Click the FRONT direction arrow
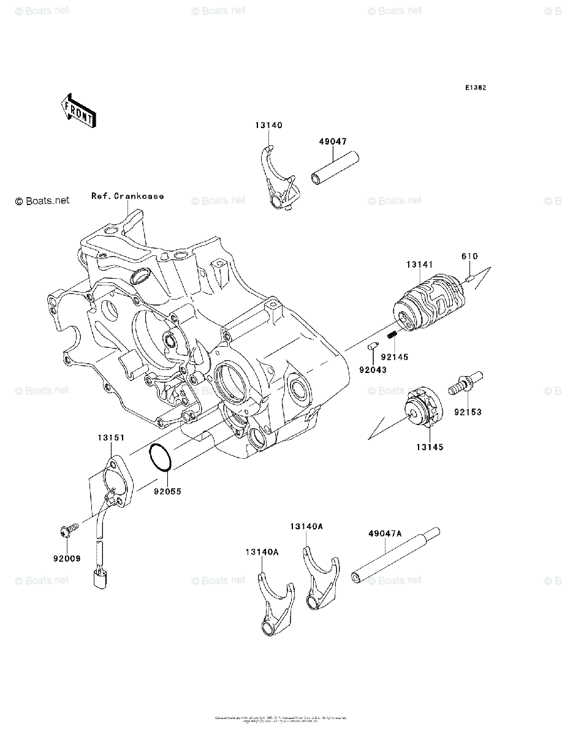pyautogui.click(x=77, y=110)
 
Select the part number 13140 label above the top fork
pyautogui.click(x=269, y=126)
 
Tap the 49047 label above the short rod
pyautogui.click(x=332, y=141)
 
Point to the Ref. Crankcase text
pyautogui.click(x=127, y=196)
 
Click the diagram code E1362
pyautogui.click(x=475, y=88)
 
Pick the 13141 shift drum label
pyautogui.click(x=419, y=265)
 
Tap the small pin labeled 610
pyautogui.click(x=470, y=280)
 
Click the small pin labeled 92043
pyautogui.click(x=372, y=347)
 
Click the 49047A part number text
pyautogui.click(x=385, y=533)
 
